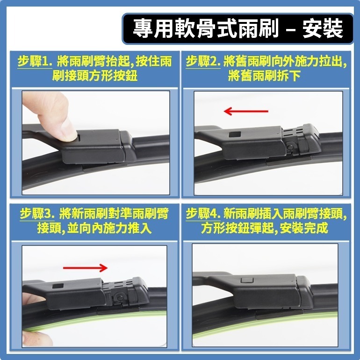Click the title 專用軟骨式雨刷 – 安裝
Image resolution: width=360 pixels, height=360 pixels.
[x=238, y=28]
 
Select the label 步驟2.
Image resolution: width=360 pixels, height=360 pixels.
[x=203, y=62]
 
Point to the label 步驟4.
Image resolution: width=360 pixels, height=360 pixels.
[x=203, y=215]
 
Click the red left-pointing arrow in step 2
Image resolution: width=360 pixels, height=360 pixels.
[x=245, y=111]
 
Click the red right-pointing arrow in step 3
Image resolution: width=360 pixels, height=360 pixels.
[x=86, y=267]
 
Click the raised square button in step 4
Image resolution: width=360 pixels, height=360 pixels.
[x=245, y=281]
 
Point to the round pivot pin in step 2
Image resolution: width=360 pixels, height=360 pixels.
[x=290, y=148]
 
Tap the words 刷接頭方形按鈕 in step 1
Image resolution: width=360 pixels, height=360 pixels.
[x=95, y=76]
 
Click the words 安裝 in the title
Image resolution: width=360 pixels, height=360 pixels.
[x=322, y=28]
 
